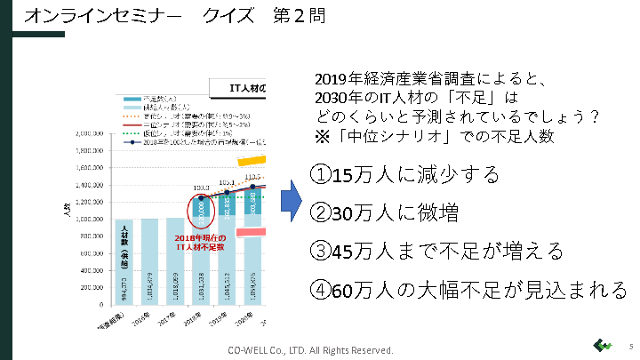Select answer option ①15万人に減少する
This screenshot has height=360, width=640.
click(404, 173)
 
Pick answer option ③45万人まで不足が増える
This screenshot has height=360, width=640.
click(436, 252)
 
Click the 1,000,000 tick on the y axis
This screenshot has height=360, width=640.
click(87, 219)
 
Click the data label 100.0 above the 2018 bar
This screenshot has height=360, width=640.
click(201, 188)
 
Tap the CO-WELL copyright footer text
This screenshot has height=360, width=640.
click(310, 350)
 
